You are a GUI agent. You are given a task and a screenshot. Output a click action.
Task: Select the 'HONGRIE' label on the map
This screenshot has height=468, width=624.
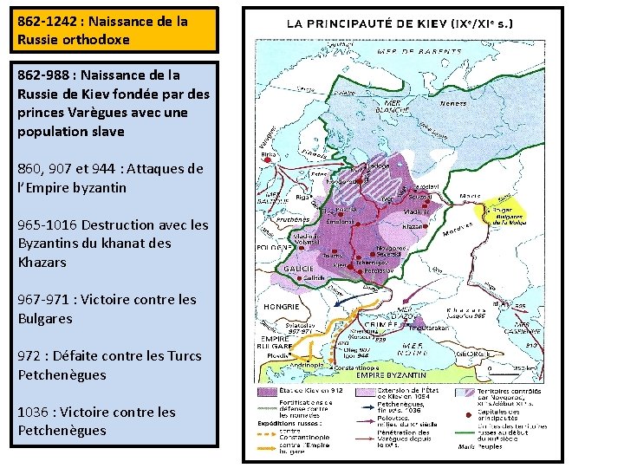pos(282,306)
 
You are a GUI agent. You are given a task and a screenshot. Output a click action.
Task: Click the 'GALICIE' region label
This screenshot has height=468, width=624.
pos(301,269)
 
